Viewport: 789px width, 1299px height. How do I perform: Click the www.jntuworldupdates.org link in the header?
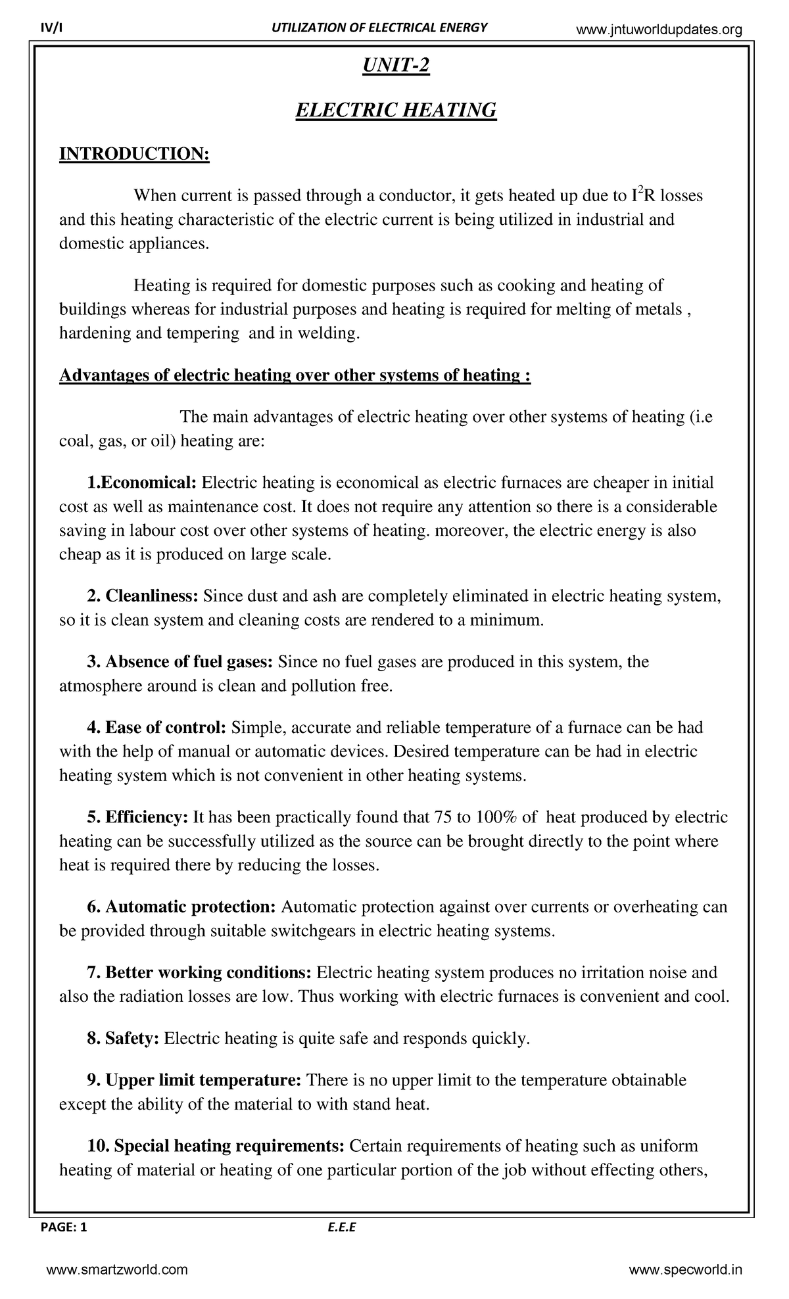[659, 30]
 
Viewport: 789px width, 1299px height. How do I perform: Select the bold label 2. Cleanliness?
[143, 596]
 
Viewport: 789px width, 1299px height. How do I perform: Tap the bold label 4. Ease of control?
[156, 728]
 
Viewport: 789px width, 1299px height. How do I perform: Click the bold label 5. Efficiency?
[137, 817]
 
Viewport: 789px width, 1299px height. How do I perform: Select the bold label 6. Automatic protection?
[181, 907]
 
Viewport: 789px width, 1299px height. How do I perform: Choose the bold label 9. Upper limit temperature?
[194, 1080]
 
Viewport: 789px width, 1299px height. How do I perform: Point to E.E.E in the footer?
[341, 1227]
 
